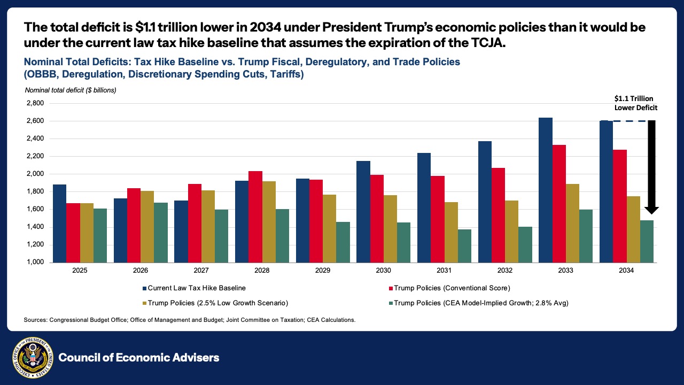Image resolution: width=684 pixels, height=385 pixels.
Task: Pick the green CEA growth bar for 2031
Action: pos(464,245)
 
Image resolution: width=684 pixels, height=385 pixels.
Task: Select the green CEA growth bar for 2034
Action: pos(647,241)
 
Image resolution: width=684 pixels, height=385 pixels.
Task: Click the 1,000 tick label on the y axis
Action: pos(35,263)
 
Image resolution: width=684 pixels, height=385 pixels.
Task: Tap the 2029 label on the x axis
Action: pos(323,271)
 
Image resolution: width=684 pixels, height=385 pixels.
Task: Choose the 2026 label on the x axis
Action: pos(141,271)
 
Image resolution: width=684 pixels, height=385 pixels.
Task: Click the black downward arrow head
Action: pos(652,210)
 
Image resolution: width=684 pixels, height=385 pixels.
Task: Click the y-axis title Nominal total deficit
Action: pos(71,90)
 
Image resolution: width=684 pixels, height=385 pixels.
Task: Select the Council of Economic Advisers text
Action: pos(139,358)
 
